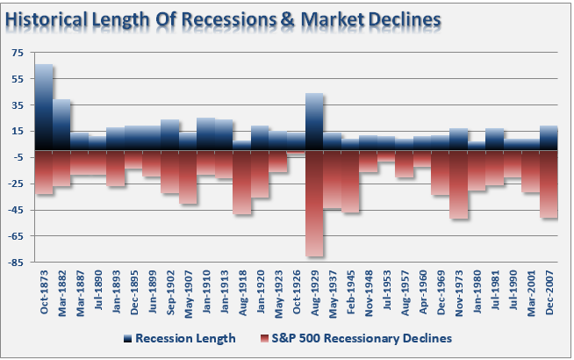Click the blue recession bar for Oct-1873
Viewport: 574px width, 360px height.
pyautogui.click(x=44, y=105)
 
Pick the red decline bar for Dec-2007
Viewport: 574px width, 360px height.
pyautogui.click(x=549, y=184)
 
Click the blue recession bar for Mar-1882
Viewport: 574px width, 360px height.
pyautogui.click(x=61, y=124)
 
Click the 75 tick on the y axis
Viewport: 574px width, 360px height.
pyautogui.click(x=18, y=53)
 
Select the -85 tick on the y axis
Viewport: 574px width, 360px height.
pyautogui.click(x=17, y=262)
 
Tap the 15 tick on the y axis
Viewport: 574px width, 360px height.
pyautogui.click(x=18, y=131)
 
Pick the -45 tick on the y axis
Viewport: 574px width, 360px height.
pyautogui.click(x=17, y=209)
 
